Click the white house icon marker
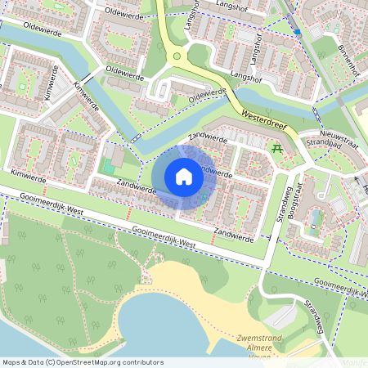pos(184,177)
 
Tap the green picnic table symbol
pos(276,149)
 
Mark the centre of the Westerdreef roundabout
pos(177,56)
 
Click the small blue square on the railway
pos(298,32)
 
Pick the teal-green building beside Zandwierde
pos(108,166)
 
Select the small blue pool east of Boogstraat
pos(316,218)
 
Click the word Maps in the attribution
pos(12,362)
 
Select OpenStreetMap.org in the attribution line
pos(97,362)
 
